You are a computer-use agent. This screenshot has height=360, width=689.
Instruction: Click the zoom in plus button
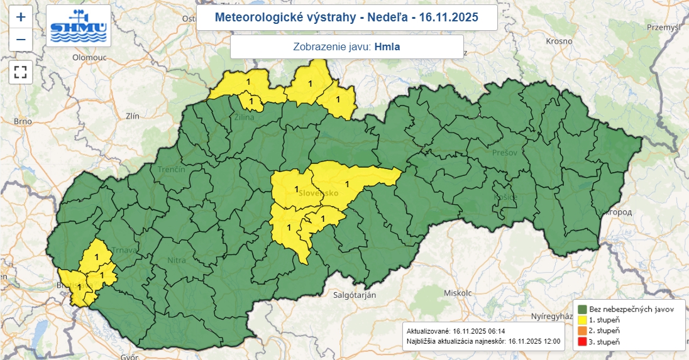pos(21,17)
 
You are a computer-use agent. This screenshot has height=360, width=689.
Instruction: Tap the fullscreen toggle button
pos(21,72)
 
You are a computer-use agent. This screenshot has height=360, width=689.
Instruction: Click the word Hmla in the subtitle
pos(387,46)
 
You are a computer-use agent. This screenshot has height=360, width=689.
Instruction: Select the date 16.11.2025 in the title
pos(450,17)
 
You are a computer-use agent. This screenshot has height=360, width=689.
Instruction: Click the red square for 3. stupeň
pos(583,341)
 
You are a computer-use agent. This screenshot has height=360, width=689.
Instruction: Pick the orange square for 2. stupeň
pos(583,330)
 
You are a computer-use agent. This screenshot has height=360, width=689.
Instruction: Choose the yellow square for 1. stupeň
pos(583,320)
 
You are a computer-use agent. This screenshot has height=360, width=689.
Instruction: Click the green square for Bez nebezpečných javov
pos(583,309)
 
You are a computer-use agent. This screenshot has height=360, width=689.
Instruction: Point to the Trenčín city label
pos(172,170)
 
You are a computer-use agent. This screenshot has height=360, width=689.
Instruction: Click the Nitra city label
pos(177,259)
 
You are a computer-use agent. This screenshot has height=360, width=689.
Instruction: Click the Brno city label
pos(23,121)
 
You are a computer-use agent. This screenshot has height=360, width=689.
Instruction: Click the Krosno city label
pos(559,41)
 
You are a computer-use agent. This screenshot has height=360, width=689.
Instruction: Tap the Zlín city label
pos(132,116)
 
